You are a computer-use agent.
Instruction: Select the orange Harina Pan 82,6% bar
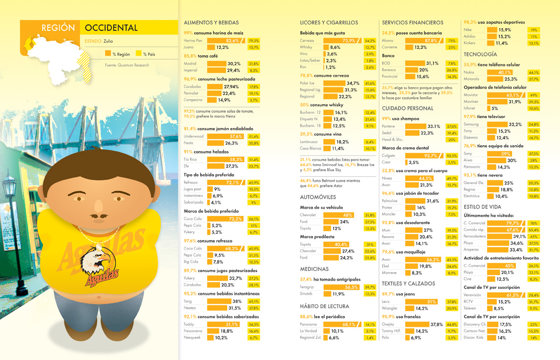click(x=226, y=41)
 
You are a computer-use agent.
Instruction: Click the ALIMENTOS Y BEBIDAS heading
click(x=211, y=22)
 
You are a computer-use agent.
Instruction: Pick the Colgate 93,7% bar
click(x=424, y=156)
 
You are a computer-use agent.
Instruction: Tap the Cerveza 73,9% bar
click(x=341, y=41)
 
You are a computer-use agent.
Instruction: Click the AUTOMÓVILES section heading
click(x=318, y=197)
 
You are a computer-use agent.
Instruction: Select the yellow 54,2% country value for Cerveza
click(x=370, y=41)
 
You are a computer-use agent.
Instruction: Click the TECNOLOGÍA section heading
click(x=480, y=55)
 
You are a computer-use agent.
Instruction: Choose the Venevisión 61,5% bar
click(x=505, y=295)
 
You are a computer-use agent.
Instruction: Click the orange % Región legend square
click(x=108, y=54)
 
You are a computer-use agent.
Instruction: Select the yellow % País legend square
click(x=138, y=54)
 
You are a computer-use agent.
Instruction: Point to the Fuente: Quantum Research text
click(x=127, y=65)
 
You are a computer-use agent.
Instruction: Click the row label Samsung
click(x=471, y=124)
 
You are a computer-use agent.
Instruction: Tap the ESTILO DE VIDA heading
click(x=482, y=207)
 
